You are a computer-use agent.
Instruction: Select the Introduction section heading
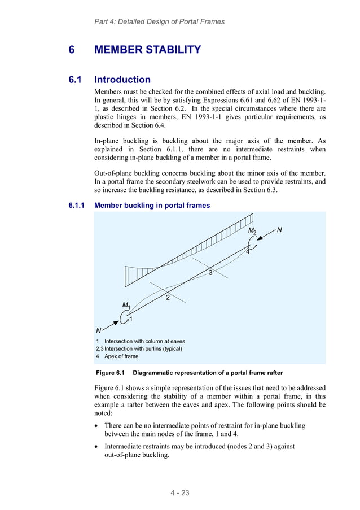pyautogui.click(x=122, y=80)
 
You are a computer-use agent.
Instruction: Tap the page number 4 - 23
pyautogui.click(x=180, y=493)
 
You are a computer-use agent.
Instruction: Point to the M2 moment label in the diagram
pyautogui.click(x=252, y=232)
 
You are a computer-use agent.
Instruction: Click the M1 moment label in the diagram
pyautogui.click(x=126, y=306)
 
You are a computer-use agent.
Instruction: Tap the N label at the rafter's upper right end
pyautogui.click(x=279, y=230)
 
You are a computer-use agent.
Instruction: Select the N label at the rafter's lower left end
pyautogui.click(x=99, y=330)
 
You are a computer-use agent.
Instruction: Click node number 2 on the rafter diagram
pyautogui.click(x=168, y=298)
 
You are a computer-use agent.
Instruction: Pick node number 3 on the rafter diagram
pyautogui.click(x=210, y=273)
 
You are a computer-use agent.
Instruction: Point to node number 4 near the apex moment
pyautogui.click(x=247, y=252)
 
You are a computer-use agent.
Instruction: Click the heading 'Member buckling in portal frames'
pyautogui.click(x=152, y=206)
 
